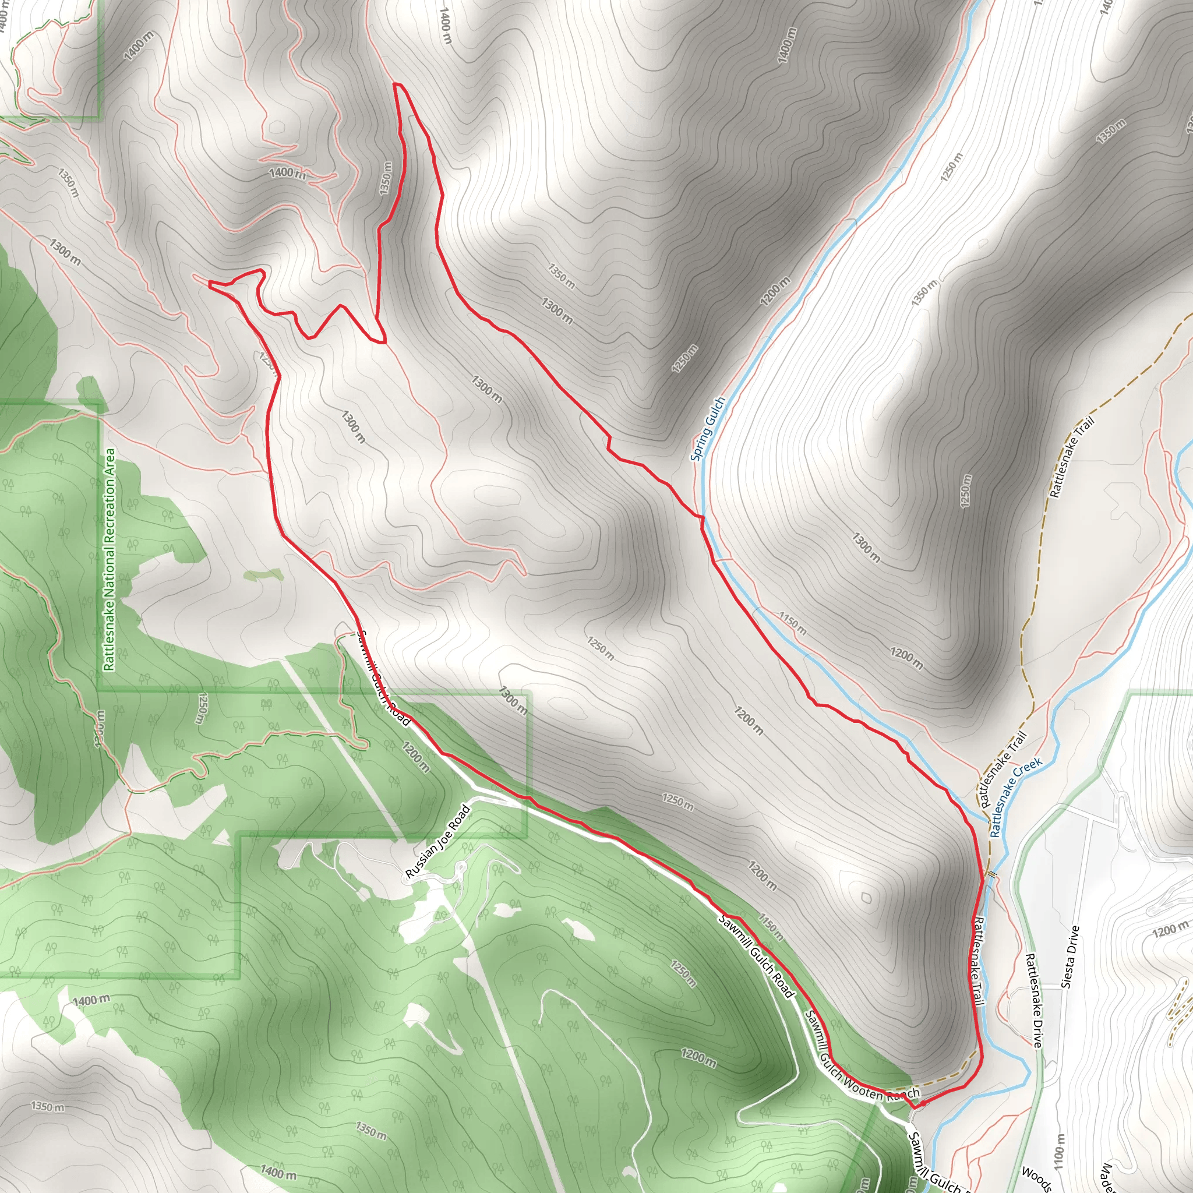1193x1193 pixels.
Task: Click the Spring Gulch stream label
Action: (x=708, y=429)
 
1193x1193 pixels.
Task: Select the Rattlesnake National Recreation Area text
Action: (x=110, y=559)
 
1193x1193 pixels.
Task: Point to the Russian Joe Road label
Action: (x=438, y=841)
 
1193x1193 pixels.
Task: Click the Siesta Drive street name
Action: (x=1070, y=956)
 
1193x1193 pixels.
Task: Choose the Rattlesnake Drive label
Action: (x=1035, y=1000)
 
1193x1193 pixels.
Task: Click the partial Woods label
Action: (x=1036, y=1179)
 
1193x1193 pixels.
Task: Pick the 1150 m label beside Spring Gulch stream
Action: (x=792, y=624)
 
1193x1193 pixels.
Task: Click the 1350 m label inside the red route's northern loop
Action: (x=386, y=178)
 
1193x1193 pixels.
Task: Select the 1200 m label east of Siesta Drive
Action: (x=1170, y=930)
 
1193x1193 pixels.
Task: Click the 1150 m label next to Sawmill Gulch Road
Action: (x=771, y=927)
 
